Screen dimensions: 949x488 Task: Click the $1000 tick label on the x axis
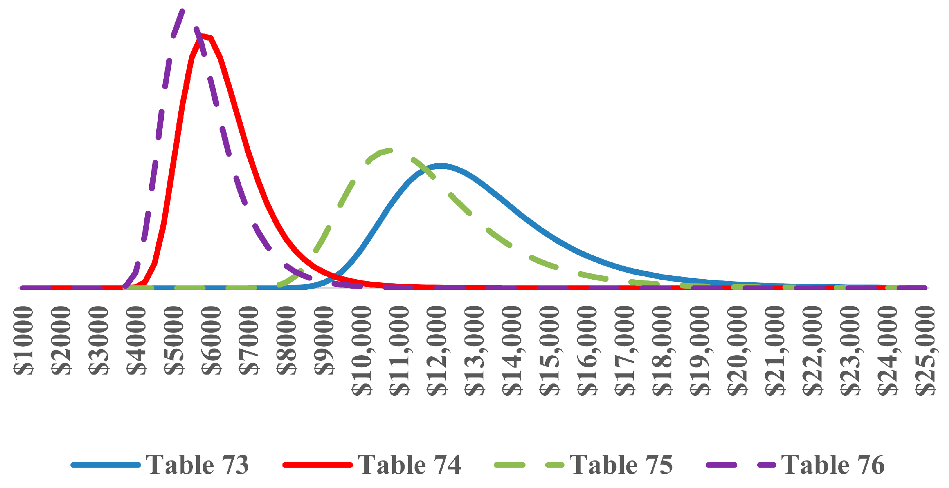point(24,340)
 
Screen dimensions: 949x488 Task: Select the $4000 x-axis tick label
point(137,340)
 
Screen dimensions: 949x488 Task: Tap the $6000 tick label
point(212,340)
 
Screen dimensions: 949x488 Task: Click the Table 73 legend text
point(197,465)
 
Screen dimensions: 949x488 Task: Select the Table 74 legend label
point(409,465)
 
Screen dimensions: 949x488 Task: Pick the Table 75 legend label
point(621,465)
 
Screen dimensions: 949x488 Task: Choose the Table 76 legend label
point(833,465)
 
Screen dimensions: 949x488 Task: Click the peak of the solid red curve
point(203,36)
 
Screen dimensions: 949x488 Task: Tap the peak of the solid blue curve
point(441,166)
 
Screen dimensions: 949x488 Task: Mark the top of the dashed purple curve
point(182,10)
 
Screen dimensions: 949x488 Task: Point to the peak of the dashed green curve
point(389,150)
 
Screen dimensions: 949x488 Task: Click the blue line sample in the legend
point(106,465)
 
